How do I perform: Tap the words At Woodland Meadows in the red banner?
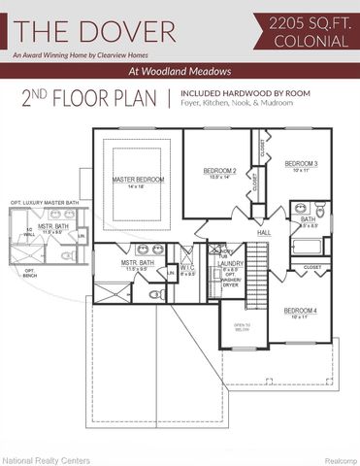coord(180,72)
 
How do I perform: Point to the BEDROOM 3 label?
coord(301,164)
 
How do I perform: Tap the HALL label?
coord(264,233)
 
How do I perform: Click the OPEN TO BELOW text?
coord(243,328)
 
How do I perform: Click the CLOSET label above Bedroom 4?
coord(311,267)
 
